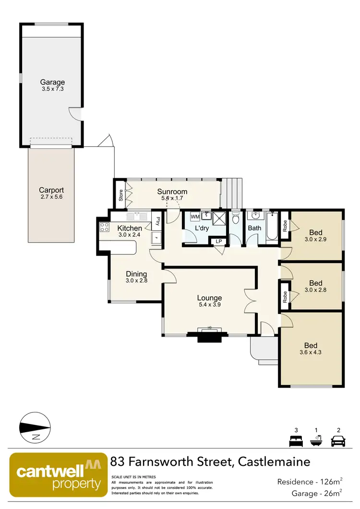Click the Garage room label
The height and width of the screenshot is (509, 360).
[52, 82]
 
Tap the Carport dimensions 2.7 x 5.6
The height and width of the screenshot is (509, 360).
[51, 197]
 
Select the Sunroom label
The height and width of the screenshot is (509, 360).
[172, 192]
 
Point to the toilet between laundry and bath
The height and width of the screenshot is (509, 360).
[235, 219]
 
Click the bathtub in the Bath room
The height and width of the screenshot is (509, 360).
[272, 227]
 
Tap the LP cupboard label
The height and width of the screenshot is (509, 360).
[219, 241]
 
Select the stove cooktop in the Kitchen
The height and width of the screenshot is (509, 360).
[104, 227]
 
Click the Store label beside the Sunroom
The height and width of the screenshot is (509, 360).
[120, 196]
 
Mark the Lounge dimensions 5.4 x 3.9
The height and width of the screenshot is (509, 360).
[209, 304]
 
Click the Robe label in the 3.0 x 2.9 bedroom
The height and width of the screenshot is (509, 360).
[285, 226]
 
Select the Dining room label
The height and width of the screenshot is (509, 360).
[136, 274]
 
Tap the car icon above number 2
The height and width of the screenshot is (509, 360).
[338, 440]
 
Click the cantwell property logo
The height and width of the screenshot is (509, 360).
[59, 474]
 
